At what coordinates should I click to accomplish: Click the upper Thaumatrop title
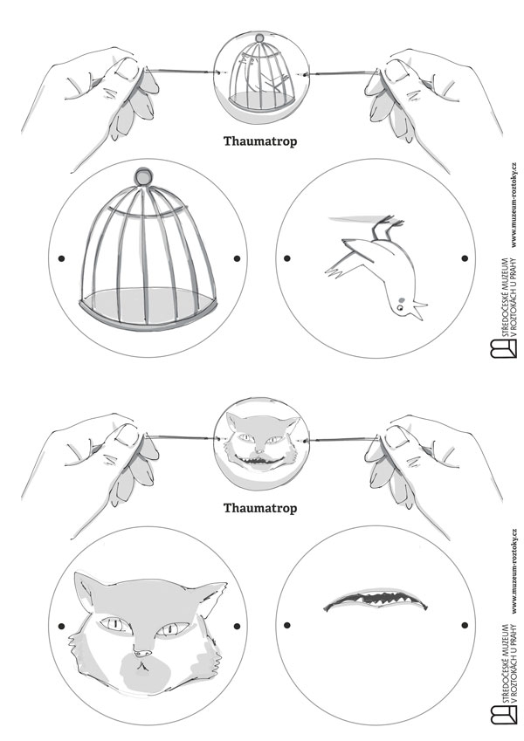(260, 141)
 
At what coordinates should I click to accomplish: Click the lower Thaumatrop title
(260, 508)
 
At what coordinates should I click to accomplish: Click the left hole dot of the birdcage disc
(61, 258)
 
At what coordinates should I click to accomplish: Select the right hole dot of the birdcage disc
(237, 258)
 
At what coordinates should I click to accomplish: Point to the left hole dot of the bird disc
(287, 258)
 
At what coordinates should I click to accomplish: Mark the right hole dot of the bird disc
(465, 258)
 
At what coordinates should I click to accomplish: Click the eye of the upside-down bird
(400, 307)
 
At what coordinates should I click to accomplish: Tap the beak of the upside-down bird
(417, 312)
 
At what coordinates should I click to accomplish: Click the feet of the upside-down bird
(387, 227)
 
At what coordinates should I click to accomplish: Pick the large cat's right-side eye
(171, 629)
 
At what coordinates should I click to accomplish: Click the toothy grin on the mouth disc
(376, 600)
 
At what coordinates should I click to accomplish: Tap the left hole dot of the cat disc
(61, 626)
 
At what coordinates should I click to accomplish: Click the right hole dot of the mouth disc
(465, 625)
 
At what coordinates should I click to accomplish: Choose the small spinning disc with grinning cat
(261, 443)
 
